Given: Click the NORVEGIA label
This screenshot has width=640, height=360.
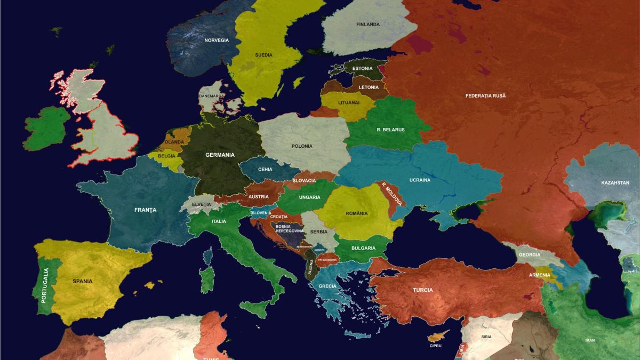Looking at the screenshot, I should pyautogui.click(x=217, y=41).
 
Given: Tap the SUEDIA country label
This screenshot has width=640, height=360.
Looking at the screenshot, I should pyautogui.click(x=263, y=55).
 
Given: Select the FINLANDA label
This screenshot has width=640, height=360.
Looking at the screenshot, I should pyautogui.click(x=368, y=25).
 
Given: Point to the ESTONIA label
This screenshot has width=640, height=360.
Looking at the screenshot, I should pyautogui.click(x=363, y=69).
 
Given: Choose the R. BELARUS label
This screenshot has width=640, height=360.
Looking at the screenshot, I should pyautogui.click(x=390, y=130).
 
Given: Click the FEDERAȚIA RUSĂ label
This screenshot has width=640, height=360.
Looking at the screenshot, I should pyautogui.click(x=485, y=96).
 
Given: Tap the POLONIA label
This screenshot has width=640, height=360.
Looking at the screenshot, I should pyautogui.click(x=302, y=146).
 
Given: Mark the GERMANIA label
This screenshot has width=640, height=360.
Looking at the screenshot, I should pyautogui.click(x=220, y=155).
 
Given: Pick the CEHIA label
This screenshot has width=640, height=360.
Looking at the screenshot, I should pyautogui.click(x=265, y=169).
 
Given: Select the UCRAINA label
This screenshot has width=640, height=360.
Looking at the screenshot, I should pyautogui.click(x=420, y=180).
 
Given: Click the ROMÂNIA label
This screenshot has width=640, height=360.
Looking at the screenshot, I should pyautogui.click(x=357, y=213).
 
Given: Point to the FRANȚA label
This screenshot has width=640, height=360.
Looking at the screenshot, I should pyautogui.click(x=146, y=210).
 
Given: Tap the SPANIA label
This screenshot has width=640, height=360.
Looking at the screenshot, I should pyautogui.click(x=83, y=281).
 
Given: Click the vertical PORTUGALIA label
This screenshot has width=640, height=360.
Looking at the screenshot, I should pyautogui.click(x=45, y=285).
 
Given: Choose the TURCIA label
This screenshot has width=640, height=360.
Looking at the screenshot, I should pyautogui.click(x=422, y=290).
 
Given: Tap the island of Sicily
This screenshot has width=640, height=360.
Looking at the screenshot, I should pyautogui.click(x=255, y=307).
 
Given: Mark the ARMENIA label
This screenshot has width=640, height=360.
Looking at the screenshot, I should pyautogui.click(x=539, y=275).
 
